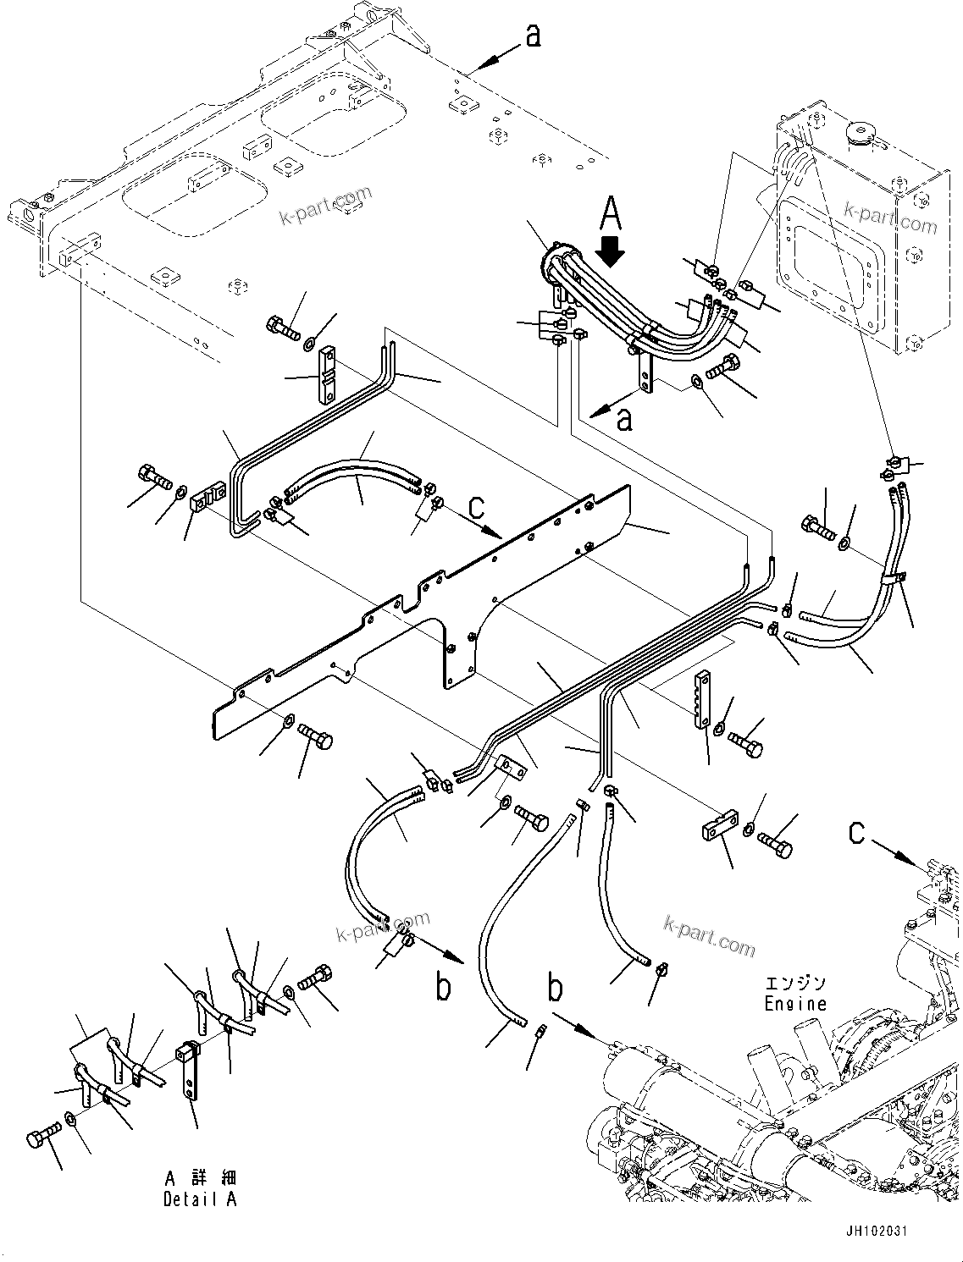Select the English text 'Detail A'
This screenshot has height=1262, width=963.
coord(201,1199)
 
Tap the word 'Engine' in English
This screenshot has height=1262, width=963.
coord(794,1004)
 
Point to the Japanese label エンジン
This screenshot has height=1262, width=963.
coord(794,984)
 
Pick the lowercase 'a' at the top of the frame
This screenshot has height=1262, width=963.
coord(533,36)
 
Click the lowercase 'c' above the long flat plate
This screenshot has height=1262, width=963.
coord(477,507)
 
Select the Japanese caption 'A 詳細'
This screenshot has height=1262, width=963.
coord(201,1178)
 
